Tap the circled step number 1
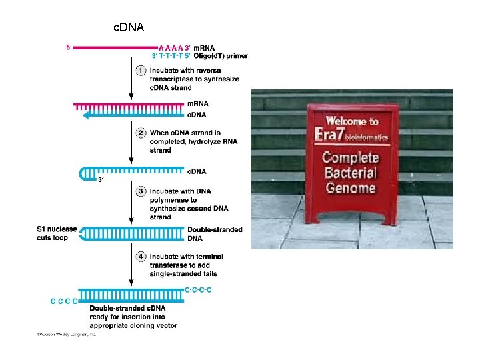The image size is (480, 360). point(141,70)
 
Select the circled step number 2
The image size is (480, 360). point(141,132)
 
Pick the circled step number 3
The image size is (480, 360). point(141,191)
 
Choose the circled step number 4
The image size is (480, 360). point(141,256)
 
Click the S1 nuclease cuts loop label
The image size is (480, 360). point(57,233)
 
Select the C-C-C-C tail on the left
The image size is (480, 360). point(64,301)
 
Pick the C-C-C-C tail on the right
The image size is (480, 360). point(198,289)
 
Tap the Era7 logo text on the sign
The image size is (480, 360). point(335,137)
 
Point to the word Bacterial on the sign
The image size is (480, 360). point(351,173)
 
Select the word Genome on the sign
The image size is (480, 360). point(351,189)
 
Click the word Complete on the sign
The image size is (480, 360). point(351,158)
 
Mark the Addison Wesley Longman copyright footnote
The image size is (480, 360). point(67,335)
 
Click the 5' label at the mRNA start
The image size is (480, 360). point(69,47)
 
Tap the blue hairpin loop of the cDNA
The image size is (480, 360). point(83,173)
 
